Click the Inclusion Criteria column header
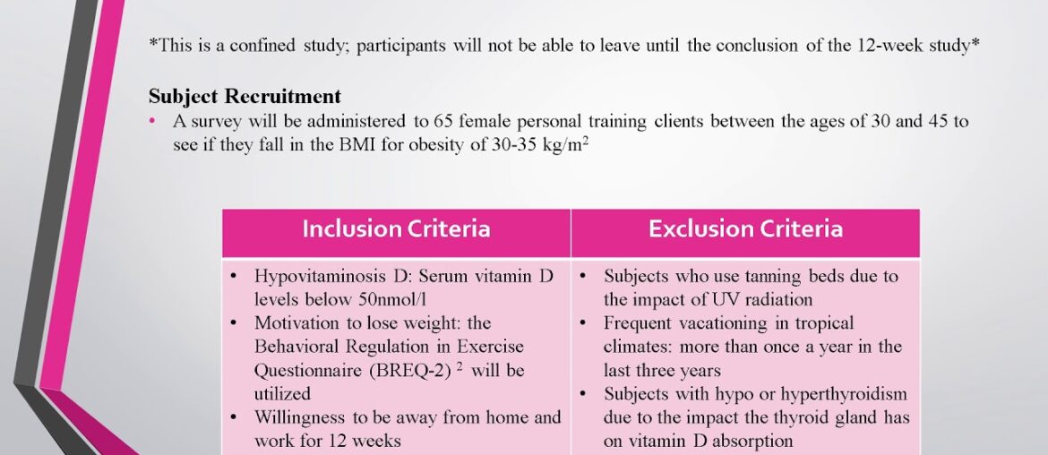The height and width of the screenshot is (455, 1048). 396,229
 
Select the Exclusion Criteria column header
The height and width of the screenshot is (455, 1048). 745,229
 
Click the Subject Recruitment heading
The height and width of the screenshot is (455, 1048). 245,97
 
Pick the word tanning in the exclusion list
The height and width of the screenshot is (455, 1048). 761,277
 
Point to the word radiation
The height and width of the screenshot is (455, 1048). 770,299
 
